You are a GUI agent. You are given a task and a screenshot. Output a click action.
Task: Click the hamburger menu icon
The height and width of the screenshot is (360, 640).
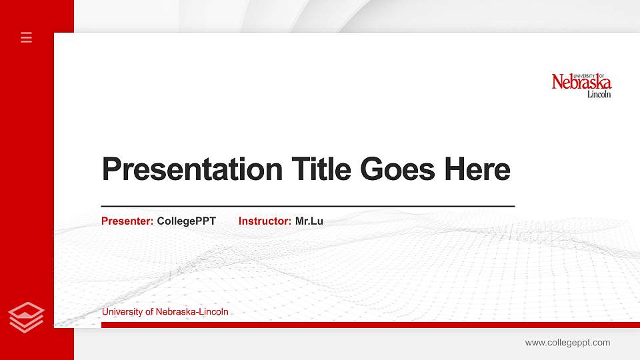pyautogui.click(x=27, y=37)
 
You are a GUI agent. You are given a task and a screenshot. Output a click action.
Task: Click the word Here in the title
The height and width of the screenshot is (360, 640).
pyautogui.click(x=477, y=169)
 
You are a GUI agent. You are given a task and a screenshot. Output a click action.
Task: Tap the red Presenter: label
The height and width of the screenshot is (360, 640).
pyautogui.click(x=127, y=221)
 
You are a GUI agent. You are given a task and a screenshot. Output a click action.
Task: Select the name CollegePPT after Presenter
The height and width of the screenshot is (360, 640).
pyautogui.click(x=186, y=221)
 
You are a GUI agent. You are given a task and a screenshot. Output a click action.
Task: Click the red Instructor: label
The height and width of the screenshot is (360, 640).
pyautogui.click(x=265, y=221)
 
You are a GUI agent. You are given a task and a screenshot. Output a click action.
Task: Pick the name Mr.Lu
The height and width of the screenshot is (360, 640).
pyautogui.click(x=309, y=221)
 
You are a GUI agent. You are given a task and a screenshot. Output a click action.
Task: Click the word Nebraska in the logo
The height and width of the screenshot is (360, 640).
pyautogui.click(x=581, y=83)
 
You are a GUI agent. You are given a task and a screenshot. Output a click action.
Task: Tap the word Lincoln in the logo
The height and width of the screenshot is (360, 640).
pyautogui.click(x=599, y=95)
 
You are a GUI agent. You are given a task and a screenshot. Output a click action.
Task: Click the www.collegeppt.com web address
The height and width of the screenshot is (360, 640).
pyautogui.click(x=567, y=343)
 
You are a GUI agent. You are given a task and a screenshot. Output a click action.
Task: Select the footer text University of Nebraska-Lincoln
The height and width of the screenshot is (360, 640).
pyautogui.click(x=165, y=311)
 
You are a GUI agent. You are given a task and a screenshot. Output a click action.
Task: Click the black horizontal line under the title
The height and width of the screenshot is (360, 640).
pyautogui.click(x=307, y=207)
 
